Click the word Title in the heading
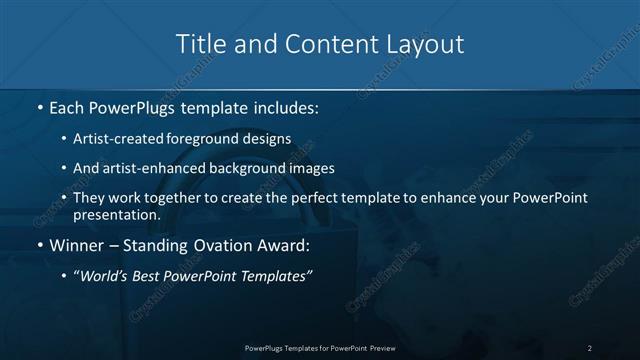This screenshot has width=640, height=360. coord(199,44)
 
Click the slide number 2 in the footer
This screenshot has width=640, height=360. coord(590,347)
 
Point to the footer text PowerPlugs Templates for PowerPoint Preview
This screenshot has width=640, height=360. coord(320,347)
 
